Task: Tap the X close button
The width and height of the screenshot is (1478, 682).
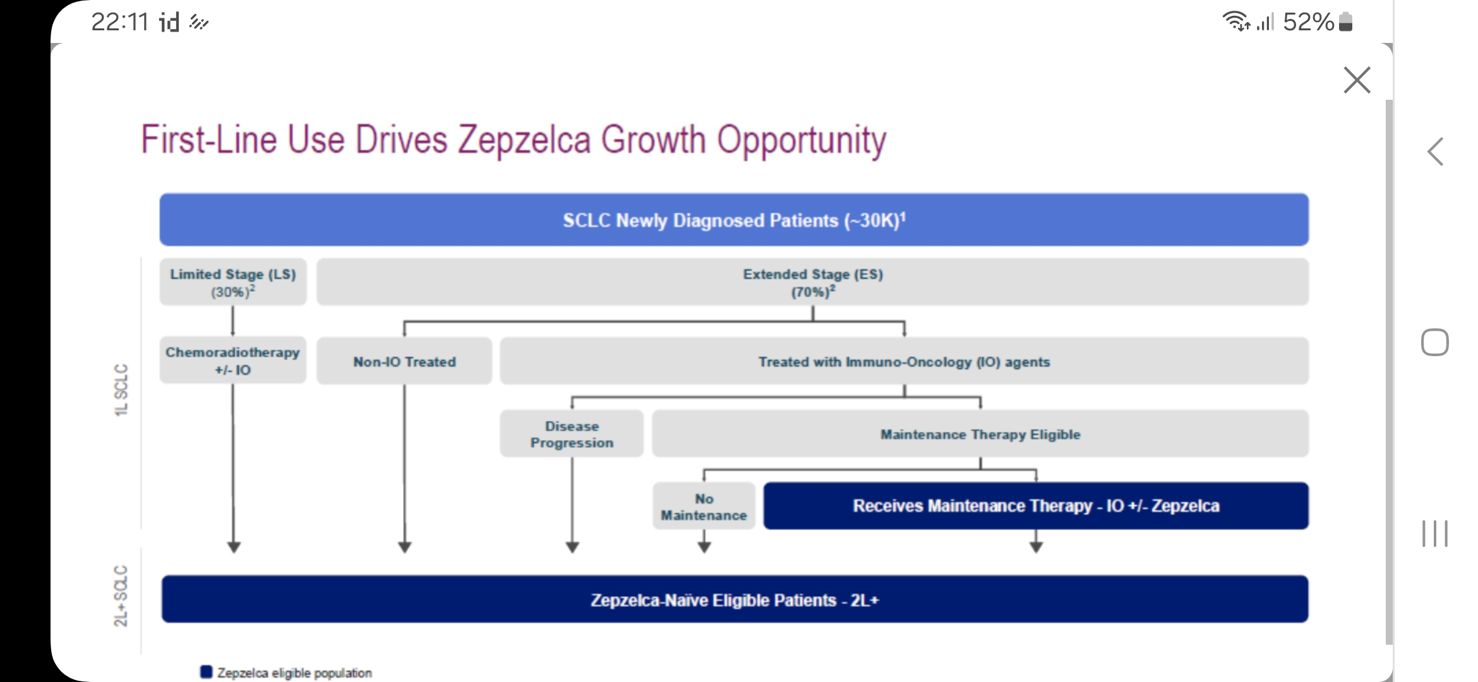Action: (1357, 80)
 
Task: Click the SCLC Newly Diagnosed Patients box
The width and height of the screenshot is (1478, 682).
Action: (734, 220)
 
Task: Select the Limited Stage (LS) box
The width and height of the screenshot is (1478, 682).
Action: (233, 282)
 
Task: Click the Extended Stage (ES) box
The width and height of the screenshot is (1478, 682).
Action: (813, 282)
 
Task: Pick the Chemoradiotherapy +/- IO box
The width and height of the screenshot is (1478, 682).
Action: (233, 361)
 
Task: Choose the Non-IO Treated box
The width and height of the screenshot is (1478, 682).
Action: (404, 361)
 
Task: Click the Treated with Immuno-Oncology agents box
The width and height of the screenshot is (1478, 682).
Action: (904, 361)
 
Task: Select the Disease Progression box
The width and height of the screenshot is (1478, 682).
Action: (572, 434)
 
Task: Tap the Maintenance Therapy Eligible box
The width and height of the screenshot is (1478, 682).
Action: (980, 434)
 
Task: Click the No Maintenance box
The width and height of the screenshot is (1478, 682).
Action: (704, 506)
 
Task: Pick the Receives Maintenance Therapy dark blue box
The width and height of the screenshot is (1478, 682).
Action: (1036, 506)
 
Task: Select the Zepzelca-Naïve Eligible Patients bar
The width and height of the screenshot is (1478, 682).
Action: (735, 599)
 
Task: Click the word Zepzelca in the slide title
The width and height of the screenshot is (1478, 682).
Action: (524, 140)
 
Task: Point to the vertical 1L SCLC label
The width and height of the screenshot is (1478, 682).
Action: (121, 390)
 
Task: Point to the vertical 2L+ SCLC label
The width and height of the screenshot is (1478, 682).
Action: (121, 595)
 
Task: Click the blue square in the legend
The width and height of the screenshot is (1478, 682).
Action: (207, 672)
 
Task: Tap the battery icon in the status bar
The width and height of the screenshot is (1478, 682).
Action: (1345, 21)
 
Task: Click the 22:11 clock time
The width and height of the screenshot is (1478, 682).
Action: (120, 22)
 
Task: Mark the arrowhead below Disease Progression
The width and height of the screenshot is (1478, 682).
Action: (572, 547)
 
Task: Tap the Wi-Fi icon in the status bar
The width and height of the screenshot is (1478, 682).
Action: (1237, 21)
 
